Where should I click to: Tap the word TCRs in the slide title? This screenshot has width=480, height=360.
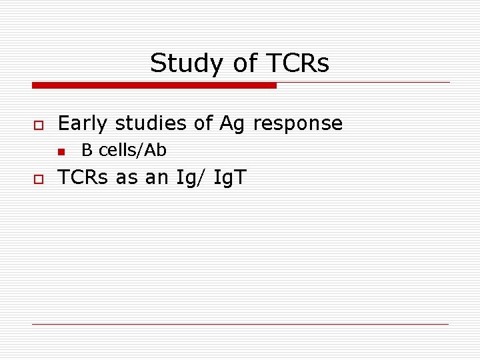pyautogui.click(x=299, y=63)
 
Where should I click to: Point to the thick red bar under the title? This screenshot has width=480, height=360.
pyautogui.click(x=154, y=85)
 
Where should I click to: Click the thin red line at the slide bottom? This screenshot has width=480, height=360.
pyautogui.click(x=240, y=324)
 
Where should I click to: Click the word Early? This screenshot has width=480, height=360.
pyautogui.click(x=83, y=123)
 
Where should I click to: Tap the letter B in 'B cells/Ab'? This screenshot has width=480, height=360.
pyautogui.click(x=87, y=151)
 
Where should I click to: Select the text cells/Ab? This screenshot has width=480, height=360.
pyautogui.click(x=133, y=151)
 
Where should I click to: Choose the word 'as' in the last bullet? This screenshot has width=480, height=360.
pyautogui.click(x=126, y=179)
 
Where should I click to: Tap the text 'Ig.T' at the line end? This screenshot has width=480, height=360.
pyautogui.click(x=230, y=179)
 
